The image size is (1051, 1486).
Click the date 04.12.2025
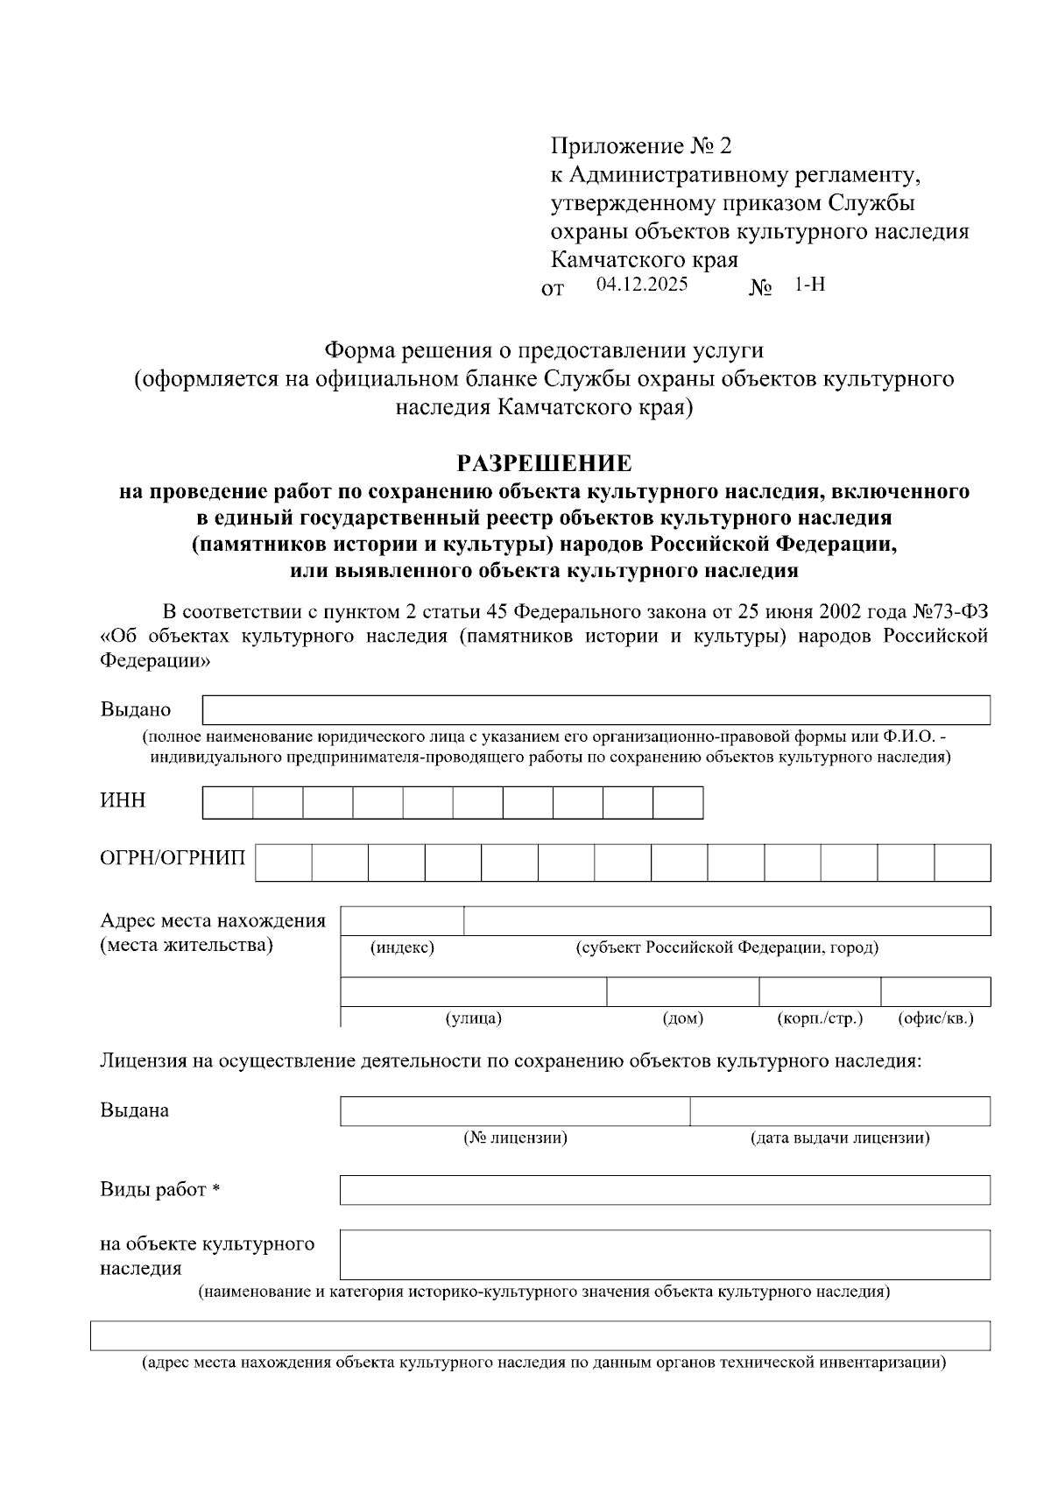click(641, 285)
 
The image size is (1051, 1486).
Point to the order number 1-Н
click(810, 285)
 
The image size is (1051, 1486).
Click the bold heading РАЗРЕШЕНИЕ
click(544, 463)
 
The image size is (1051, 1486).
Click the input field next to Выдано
click(596, 710)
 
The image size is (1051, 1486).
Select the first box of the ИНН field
click(228, 802)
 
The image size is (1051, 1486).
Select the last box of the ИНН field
click(678, 802)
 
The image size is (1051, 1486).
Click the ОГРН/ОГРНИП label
click(173, 856)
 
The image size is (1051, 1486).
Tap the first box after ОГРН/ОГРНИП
click(284, 863)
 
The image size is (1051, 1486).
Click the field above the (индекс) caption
click(402, 921)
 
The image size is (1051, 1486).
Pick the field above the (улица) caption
click(473, 991)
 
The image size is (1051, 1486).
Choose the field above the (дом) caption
click(682, 991)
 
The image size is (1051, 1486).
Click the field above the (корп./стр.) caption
click(819, 991)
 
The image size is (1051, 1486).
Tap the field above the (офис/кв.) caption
click(935, 991)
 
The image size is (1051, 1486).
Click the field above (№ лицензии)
click(515, 1110)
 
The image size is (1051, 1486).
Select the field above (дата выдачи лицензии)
click(839, 1110)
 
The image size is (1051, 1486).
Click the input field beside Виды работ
click(665, 1190)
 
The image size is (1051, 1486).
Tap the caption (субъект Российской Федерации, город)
click(727, 947)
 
